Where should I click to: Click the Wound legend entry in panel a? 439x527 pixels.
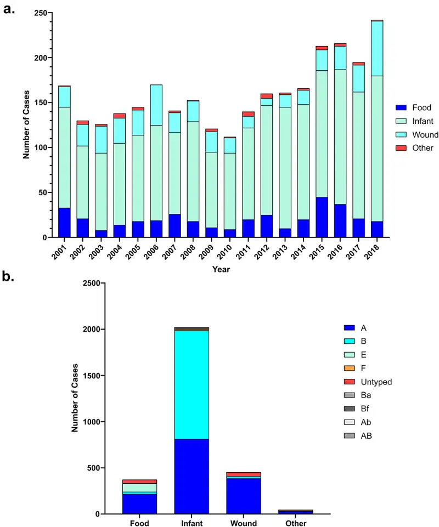click(420, 134)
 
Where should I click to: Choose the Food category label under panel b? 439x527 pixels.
click(139, 523)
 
